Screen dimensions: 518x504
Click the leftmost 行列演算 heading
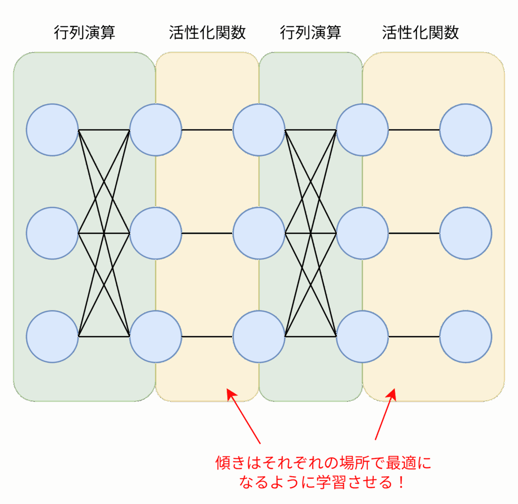pyautogui.click(x=84, y=32)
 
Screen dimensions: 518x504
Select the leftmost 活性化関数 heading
pyautogui.click(x=207, y=32)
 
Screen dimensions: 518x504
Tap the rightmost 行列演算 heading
pyautogui.click(x=311, y=32)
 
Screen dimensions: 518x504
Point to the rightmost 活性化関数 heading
pyautogui.click(x=420, y=32)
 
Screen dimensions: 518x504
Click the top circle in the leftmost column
pyautogui.click(x=52, y=130)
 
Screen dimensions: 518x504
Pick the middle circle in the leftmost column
pyautogui.click(x=52, y=233)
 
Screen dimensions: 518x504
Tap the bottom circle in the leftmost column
pyautogui.click(x=52, y=337)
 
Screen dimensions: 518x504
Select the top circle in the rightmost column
pyautogui.click(x=466, y=130)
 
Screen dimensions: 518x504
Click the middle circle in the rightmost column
pyautogui.click(x=466, y=233)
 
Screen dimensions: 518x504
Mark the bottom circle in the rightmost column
pyautogui.click(x=466, y=337)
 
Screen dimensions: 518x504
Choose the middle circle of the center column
pyautogui.click(x=259, y=233)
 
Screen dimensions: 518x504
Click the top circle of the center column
pyautogui.click(x=259, y=130)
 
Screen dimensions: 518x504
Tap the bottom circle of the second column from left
pyautogui.click(x=156, y=337)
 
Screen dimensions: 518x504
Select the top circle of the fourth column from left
pyautogui.click(x=362, y=130)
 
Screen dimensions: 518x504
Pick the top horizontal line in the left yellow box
pyautogui.click(x=207, y=130)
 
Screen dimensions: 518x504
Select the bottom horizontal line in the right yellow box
pyautogui.click(x=414, y=337)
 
